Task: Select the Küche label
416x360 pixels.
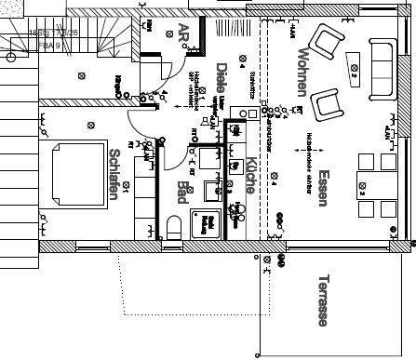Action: coord(251,176)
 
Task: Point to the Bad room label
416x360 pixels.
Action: coord(182,193)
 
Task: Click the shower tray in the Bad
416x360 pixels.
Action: coord(207,224)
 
